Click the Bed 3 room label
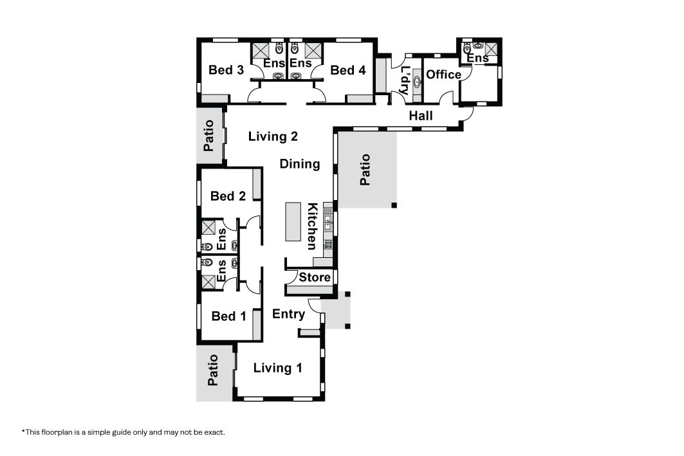coord(226,69)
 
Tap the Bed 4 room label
coord(347,69)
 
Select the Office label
coord(443,75)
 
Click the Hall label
coord(421,116)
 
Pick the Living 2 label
coord(273,136)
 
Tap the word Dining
coord(300,164)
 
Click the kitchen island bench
coord(293,221)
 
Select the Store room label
coord(315,277)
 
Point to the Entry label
coord(288,314)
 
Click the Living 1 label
coord(278,368)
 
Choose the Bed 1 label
coord(228,316)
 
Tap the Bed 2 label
coord(228,196)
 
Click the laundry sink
coord(418,80)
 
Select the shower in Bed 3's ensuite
coord(261,51)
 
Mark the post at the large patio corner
coord(394,205)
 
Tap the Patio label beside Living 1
coord(212,370)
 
